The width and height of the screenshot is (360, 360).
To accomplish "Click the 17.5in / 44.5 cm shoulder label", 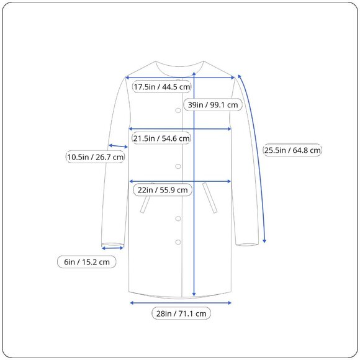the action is (x=162, y=87).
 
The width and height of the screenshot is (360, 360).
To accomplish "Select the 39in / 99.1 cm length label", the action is (x=213, y=105).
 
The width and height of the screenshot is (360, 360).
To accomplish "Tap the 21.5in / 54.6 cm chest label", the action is (x=161, y=138).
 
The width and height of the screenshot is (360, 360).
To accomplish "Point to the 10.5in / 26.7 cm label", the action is (x=96, y=157).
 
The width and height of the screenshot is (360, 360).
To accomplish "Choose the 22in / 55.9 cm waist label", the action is (x=163, y=190).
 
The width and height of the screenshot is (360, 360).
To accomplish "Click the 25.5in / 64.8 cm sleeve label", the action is (x=292, y=150).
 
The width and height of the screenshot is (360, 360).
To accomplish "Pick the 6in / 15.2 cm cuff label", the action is (x=87, y=262).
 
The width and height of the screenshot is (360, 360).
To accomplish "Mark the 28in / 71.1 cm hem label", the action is (x=181, y=313).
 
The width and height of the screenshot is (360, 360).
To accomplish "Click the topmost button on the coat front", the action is (x=178, y=110).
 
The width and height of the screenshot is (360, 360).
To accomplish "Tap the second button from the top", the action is (x=178, y=166).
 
